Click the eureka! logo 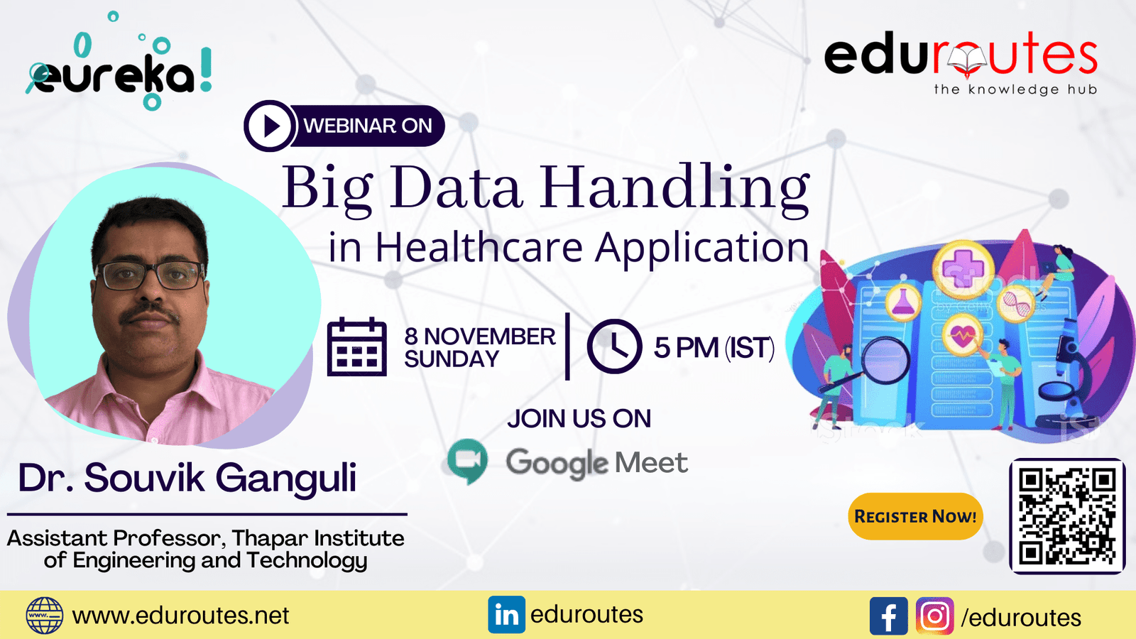119,63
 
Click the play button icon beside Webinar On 269,126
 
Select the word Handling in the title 674,190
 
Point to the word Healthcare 479,248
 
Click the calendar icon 357,347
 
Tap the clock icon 615,346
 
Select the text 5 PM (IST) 714,348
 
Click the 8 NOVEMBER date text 480,337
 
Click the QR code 1067,516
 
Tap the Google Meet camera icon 468,461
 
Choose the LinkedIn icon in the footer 506,615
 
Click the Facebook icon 888,616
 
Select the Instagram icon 934,616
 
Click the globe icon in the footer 45,616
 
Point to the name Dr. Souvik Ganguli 187,479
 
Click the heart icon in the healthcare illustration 962,334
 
